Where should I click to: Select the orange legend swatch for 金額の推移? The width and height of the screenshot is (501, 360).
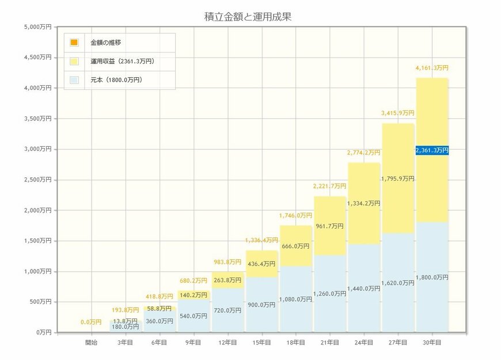pos(74,43)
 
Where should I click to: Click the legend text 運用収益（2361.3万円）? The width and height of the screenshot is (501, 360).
pos(123,61)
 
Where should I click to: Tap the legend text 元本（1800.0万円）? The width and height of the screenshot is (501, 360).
pos(116,80)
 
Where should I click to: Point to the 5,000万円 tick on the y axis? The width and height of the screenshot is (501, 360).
pos(38,27)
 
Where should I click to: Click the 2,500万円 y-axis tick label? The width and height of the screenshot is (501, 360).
pos(38,180)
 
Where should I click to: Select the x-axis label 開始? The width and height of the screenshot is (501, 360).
pos(92,343)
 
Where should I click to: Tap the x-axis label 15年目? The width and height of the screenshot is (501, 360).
pos(261,343)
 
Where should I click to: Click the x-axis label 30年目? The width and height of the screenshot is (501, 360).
pos(431,343)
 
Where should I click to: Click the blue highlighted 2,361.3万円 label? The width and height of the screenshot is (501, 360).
pos(431,150)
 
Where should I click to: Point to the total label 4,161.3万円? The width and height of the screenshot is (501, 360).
pos(431,68)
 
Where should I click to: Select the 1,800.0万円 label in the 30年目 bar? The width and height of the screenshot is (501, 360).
pos(431,278)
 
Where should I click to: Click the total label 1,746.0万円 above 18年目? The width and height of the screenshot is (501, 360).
pos(295,215)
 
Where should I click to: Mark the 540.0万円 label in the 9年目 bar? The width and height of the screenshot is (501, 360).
pos(193,316)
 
